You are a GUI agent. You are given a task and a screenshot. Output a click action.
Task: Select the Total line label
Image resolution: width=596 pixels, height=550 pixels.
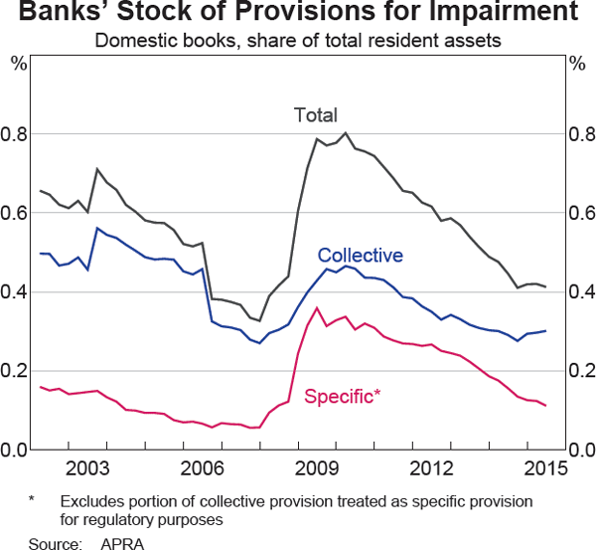(x=316, y=114)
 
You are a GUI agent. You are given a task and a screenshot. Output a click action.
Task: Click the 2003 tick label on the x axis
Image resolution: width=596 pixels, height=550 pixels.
(x=87, y=468)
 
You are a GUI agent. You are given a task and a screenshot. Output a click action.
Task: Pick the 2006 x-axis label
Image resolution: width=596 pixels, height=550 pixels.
(x=202, y=468)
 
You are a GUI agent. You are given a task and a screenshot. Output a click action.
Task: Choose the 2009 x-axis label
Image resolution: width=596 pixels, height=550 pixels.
(x=316, y=468)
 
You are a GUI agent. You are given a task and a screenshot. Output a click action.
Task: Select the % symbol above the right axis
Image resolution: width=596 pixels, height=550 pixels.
(x=577, y=64)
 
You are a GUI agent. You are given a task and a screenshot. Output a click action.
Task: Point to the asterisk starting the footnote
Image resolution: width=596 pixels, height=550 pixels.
(x=32, y=500)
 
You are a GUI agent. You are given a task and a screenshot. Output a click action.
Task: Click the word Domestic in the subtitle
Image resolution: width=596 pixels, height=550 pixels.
(x=127, y=42)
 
